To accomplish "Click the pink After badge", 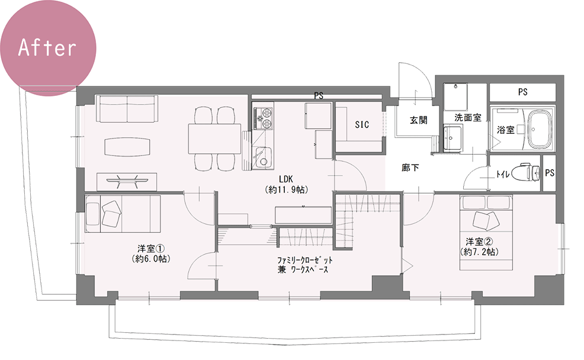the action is point(47,47).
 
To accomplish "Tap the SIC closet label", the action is point(362,125).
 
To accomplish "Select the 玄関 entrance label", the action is point(418,120).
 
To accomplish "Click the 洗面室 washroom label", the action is point(468,118).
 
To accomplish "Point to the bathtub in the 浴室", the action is point(540,129).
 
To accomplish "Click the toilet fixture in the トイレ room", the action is point(526,173).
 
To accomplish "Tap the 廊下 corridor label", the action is point(410,168).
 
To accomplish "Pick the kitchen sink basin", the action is point(263,158).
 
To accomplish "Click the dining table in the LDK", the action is point(215,139).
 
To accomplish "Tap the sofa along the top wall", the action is point(127,109).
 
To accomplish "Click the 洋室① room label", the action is point(151,248).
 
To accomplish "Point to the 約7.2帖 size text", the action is point(480,252).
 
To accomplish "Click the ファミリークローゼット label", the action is point(304,260).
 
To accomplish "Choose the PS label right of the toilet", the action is point(550,173).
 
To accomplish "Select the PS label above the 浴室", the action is point(522,92).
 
